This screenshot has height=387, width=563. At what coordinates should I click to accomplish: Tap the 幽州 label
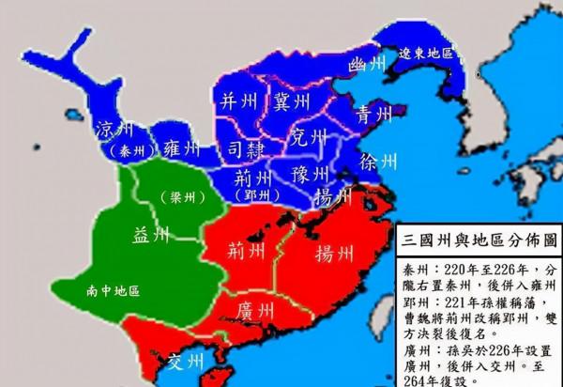(367, 65)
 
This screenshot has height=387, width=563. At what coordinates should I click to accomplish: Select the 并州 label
(238, 101)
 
